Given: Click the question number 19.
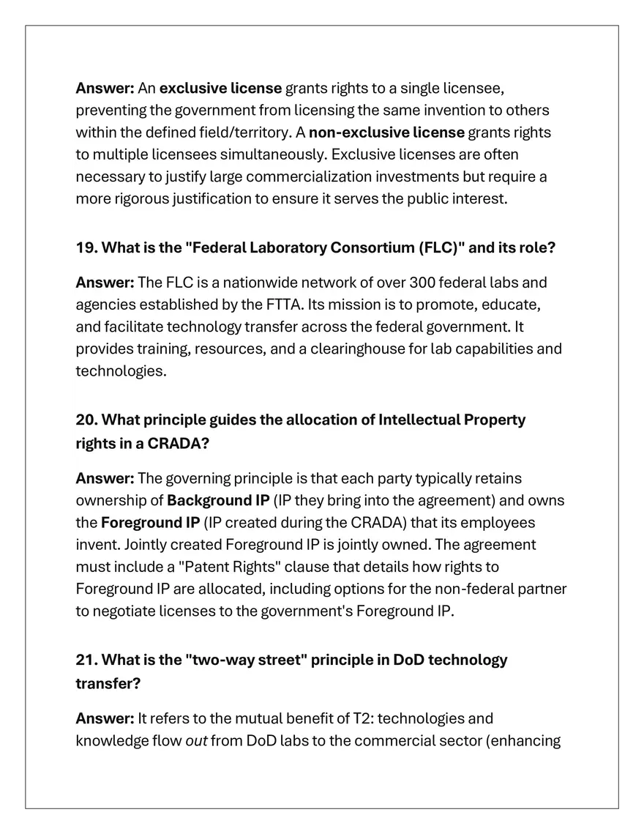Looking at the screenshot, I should pos(86,247).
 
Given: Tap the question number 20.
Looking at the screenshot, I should pos(86,420).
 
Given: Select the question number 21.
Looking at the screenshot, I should pos(86,660).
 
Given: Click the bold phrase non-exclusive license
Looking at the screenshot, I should pos(386,133).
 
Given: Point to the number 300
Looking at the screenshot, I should pos(422,283).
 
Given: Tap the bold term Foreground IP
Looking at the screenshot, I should pos(150,523).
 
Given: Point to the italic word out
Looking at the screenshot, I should pos(196,741).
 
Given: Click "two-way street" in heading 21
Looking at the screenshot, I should pos(247,660).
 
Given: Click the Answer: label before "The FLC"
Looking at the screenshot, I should pos(105,283).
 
